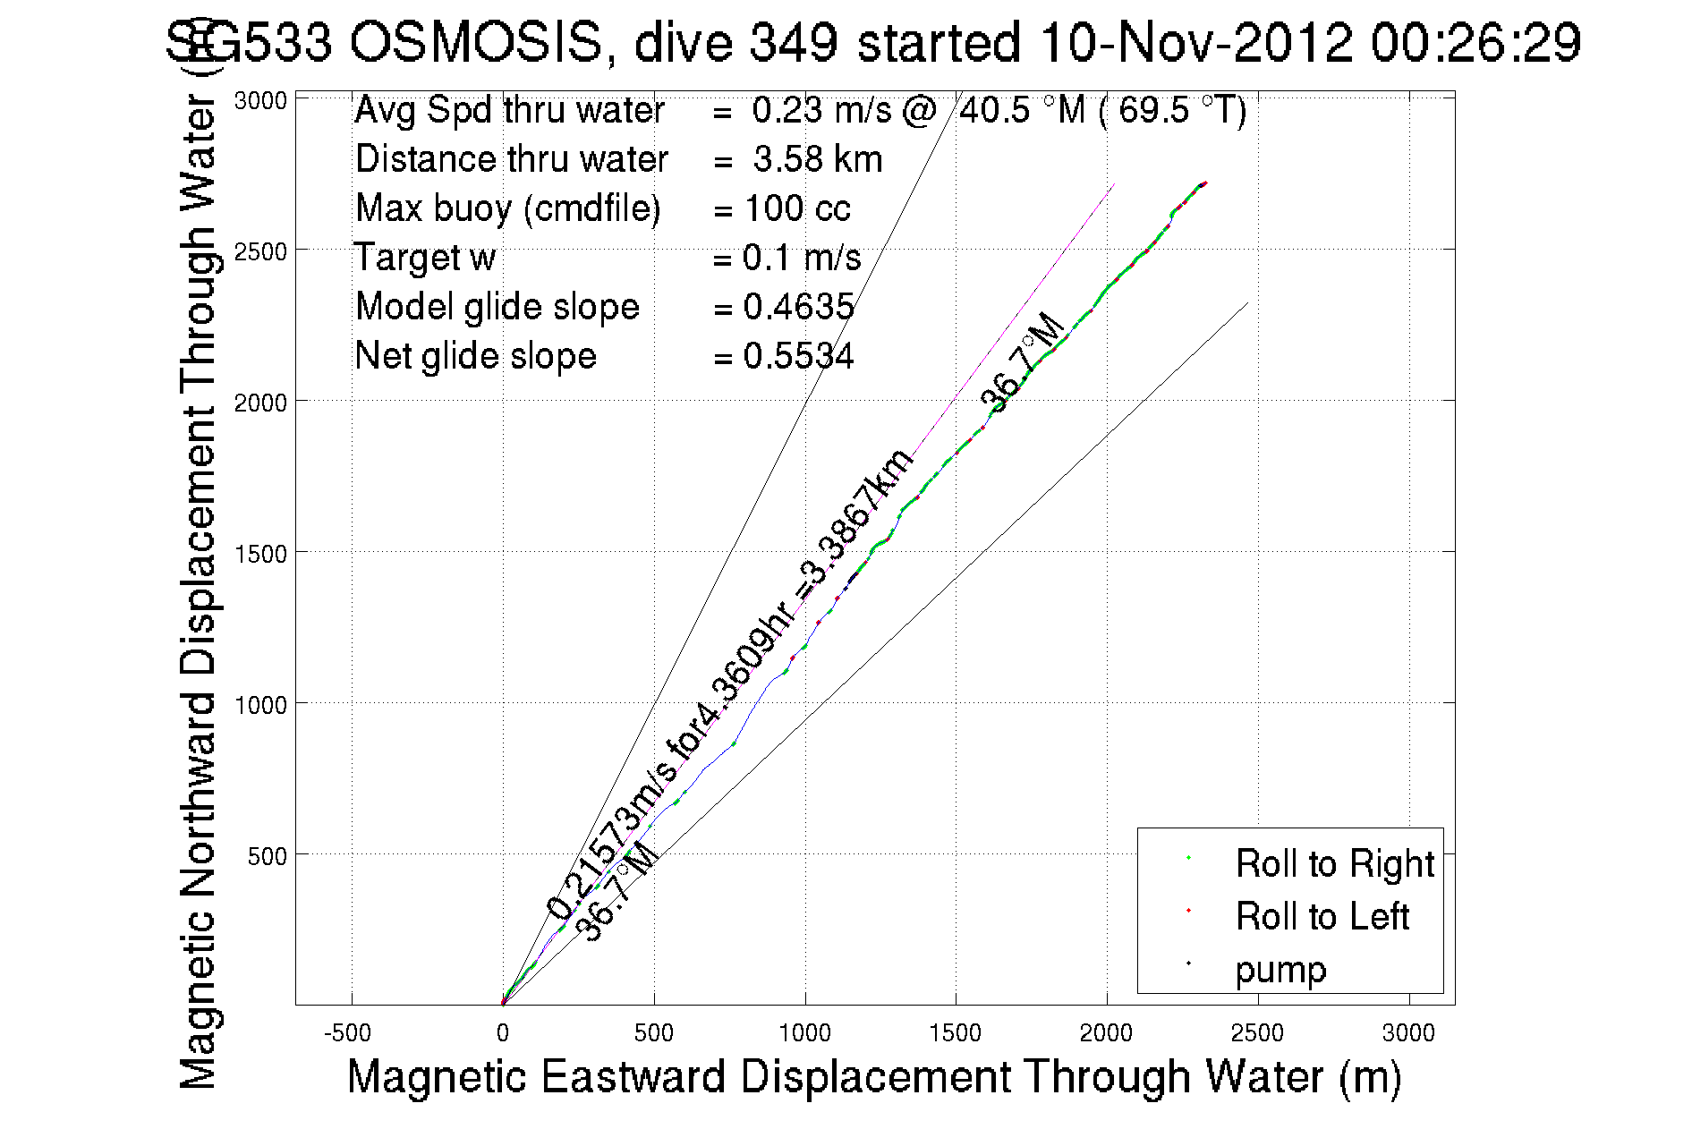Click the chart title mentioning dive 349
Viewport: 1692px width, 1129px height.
(873, 42)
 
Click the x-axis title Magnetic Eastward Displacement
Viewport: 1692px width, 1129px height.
(873, 1076)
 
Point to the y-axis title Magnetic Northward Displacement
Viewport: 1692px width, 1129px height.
(198, 590)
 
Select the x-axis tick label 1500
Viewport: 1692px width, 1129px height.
(955, 1033)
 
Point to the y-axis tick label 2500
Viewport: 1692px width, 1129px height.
(260, 251)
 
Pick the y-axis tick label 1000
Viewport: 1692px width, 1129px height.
(260, 705)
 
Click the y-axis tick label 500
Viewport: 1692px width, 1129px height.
(267, 856)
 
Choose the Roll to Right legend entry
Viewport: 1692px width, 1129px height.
(1334, 863)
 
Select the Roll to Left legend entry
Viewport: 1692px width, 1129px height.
(1322, 916)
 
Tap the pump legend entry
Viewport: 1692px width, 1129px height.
(1280, 970)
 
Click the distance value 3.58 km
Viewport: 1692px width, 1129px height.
(817, 159)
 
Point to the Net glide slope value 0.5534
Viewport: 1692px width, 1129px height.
(798, 356)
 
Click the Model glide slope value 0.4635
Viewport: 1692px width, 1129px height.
(798, 307)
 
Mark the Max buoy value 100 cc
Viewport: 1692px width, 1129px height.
(796, 208)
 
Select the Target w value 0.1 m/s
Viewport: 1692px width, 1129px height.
(801, 258)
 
